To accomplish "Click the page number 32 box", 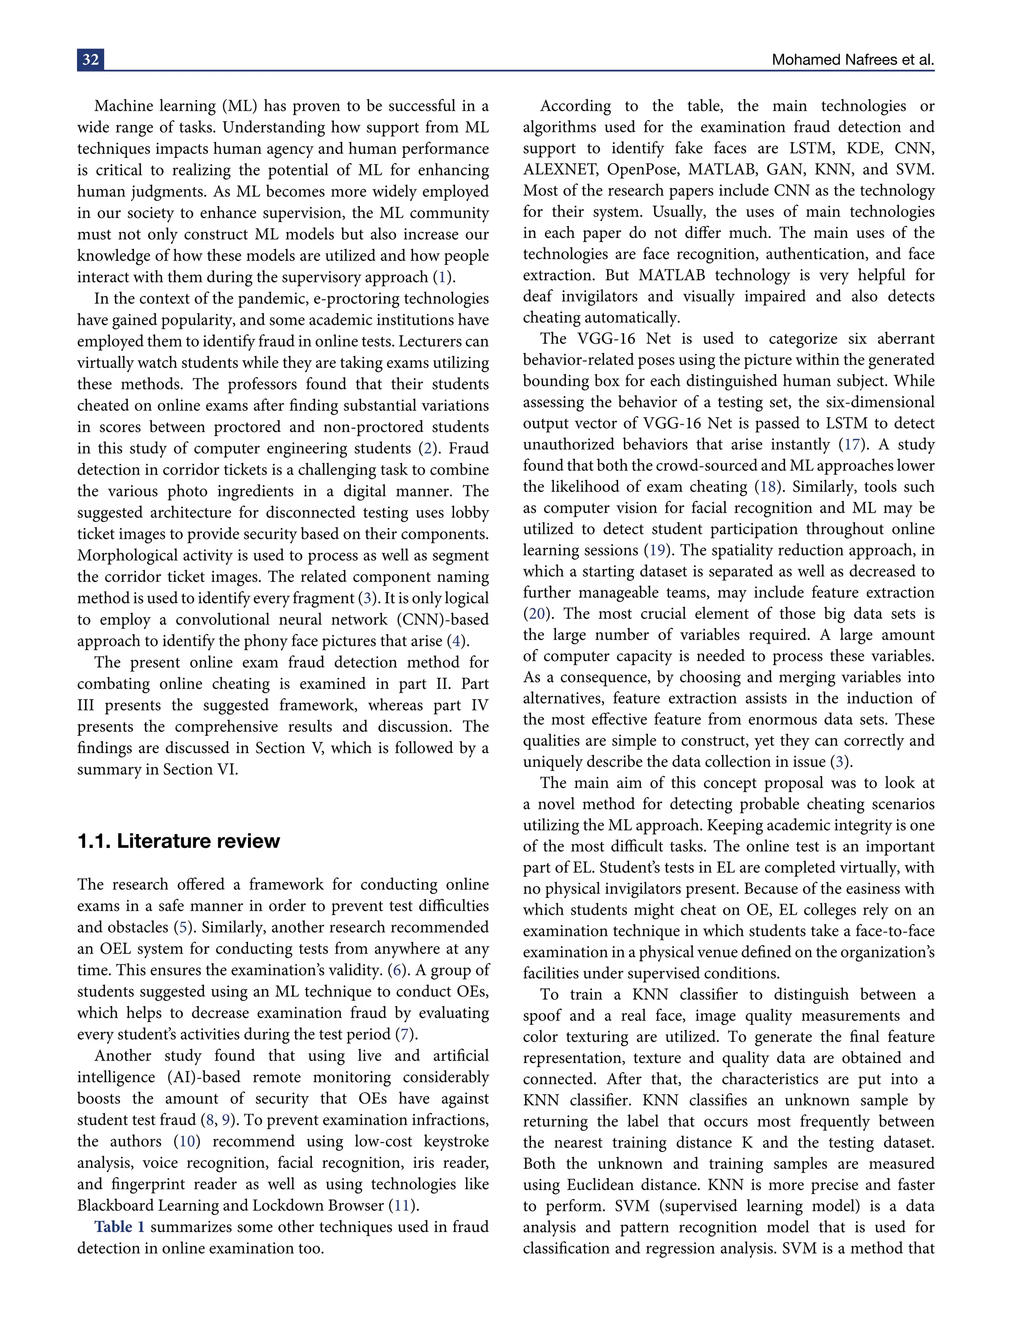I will coord(90,60).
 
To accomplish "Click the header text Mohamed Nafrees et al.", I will coord(852,60).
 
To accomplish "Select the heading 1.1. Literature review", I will coord(178,841).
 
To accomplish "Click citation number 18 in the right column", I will coord(767,487).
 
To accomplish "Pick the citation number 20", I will coord(536,614).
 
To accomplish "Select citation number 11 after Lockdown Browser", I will coord(402,1205).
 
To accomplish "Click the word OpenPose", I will coord(642,170).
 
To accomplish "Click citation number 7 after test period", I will coord(405,1034).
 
